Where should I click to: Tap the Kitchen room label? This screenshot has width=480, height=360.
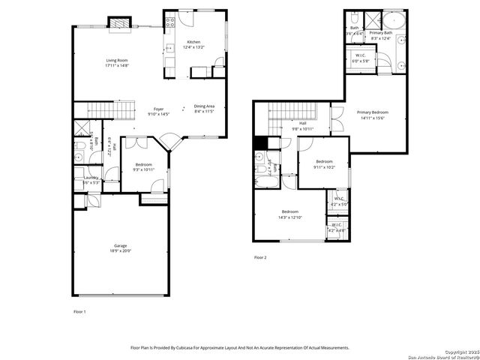pyautogui.click(x=193, y=42)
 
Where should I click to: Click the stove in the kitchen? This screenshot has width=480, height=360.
pyautogui.click(x=169, y=21)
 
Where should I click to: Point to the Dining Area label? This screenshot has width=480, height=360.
pyautogui.click(x=205, y=106)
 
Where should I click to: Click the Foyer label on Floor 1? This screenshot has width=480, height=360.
pyautogui.click(x=159, y=109)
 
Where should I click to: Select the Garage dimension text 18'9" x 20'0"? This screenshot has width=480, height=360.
pyautogui.click(x=120, y=251)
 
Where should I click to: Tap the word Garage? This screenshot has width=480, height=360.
pyautogui.click(x=120, y=246)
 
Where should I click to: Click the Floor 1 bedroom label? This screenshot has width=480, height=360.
pyautogui.click(x=143, y=164)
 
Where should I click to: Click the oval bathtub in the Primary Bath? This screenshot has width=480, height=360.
pyautogui.click(x=393, y=20)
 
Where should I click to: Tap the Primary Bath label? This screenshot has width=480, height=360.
pyautogui.click(x=382, y=34)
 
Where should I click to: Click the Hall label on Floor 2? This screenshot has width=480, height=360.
pyautogui.click(x=303, y=123)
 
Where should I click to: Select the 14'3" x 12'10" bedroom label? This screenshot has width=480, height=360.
pyautogui.click(x=291, y=217)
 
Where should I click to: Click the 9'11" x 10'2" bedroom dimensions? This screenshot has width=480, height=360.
pyautogui.click(x=324, y=167)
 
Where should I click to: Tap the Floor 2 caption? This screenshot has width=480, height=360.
pyautogui.click(x=260, y=257)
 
